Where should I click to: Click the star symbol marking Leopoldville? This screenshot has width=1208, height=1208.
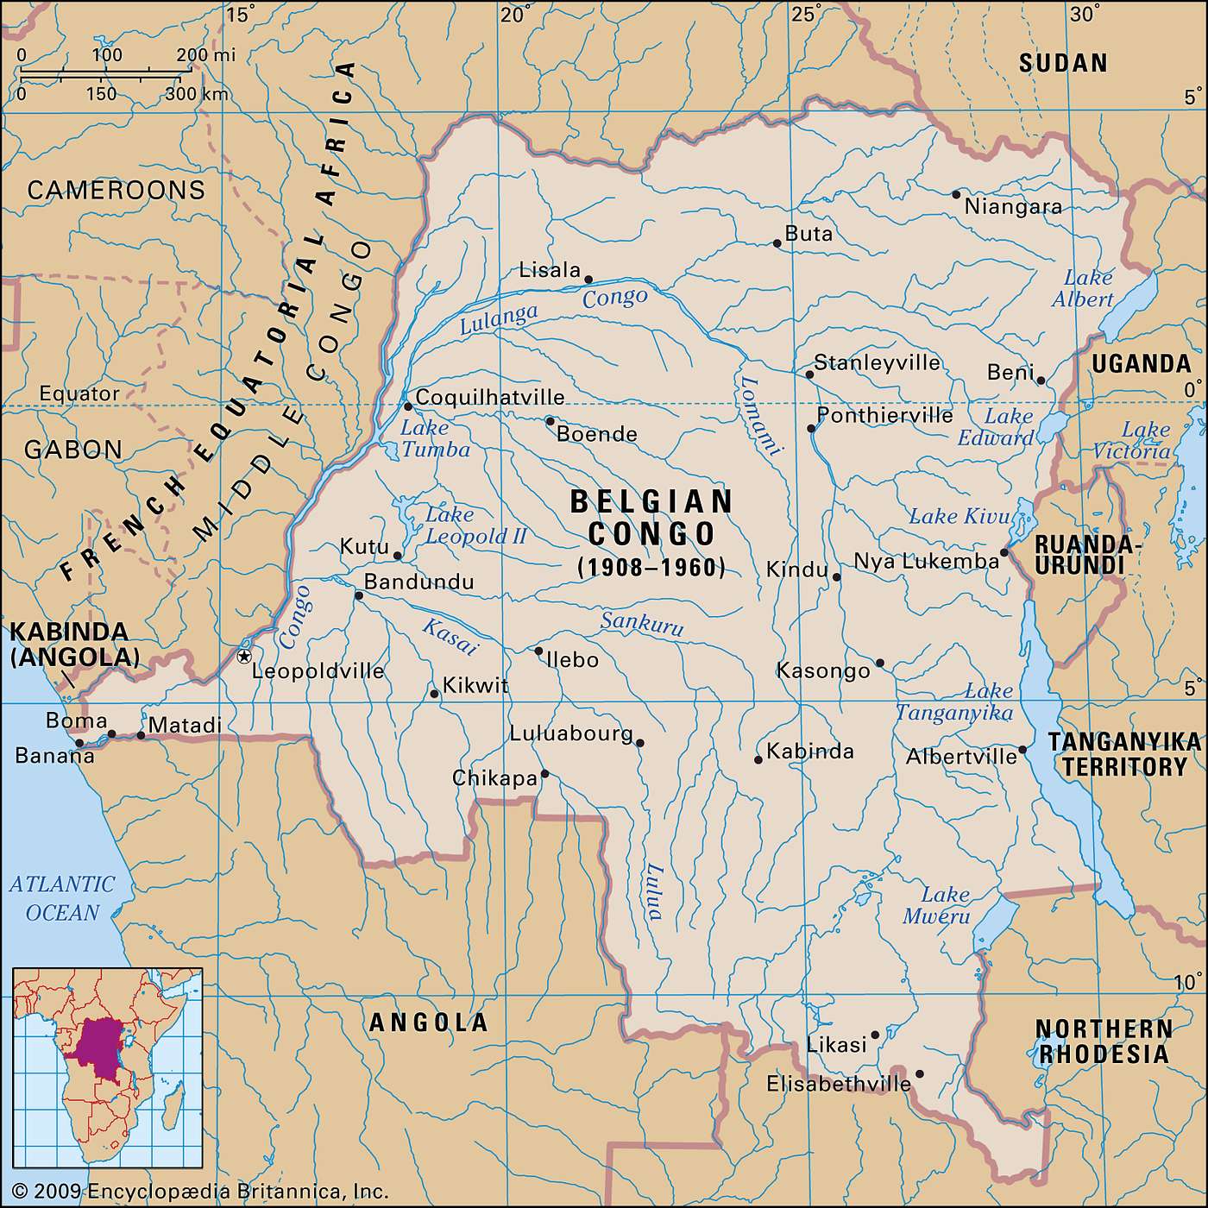[x=244, y=657]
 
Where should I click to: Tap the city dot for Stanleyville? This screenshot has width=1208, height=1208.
[x=809, y=374]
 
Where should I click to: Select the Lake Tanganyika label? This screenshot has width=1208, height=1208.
[x=954, y=702]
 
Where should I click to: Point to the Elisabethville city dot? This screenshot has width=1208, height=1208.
[x=919, y=1074]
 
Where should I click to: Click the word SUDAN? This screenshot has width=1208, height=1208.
[x=1063, y=63]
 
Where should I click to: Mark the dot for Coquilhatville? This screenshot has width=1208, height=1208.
[x=408, y=406]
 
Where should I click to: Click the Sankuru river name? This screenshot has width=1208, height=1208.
[x=642, y=623]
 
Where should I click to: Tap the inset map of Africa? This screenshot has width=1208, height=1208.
[x=107, y=1067]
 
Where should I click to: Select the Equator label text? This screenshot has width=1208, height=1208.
[x=79, y=394]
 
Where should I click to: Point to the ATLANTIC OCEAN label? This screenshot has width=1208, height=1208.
[x=62, y=898]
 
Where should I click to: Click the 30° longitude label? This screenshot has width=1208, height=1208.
[x=1085, y=14]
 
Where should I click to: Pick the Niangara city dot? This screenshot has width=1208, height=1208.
[x=956, y=194]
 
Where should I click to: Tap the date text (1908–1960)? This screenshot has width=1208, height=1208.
[x=651, y=567]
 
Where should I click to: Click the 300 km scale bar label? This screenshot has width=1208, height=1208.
[x=196, y=94]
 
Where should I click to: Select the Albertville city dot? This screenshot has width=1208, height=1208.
[x=1022, y=750]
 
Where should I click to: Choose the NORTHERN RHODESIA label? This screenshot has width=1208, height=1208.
[x=1104, y=1041]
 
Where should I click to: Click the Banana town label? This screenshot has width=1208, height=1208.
[x=54, y=756]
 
